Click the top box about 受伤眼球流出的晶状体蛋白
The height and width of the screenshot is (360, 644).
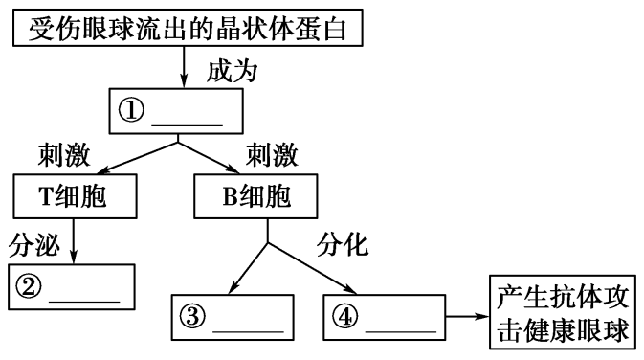coord(188,31)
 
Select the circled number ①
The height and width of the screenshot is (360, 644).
coord(131,113)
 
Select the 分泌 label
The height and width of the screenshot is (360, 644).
coord(34,246)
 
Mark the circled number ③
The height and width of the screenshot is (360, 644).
coord(194,315)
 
